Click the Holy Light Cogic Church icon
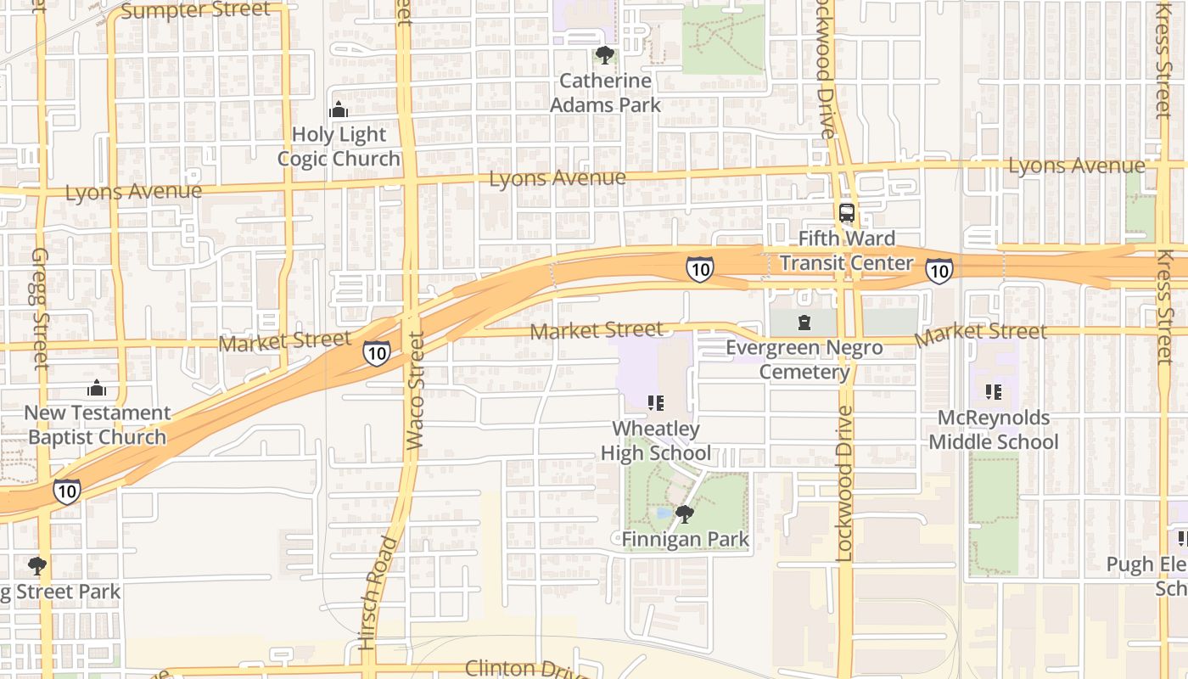click(339, 109)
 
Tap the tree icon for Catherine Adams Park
click(604, 56)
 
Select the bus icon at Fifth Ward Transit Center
click(846, 213)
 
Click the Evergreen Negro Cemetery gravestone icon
click(804, 323)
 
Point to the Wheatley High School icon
click(655, 402)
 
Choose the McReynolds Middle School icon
click(994, 392)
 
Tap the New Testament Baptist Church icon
click(97, 388)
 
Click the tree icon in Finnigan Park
click(684, 513)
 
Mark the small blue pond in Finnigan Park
click(664, 513)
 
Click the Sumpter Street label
click(195, 11)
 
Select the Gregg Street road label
click(41, 308)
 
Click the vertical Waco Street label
click(415, 390)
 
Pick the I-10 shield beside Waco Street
click(377, 353)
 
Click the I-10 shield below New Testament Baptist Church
click(66, 490)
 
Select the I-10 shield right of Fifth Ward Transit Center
click(938, 271)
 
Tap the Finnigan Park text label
click(685, 539)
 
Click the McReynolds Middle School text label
click(994, 430)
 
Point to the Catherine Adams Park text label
click(605, 93)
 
